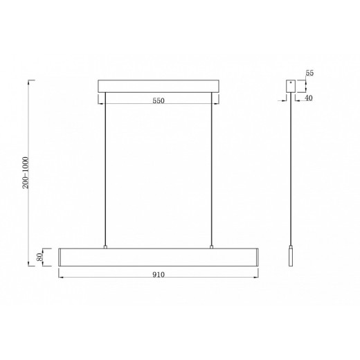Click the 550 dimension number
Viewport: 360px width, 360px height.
point(158,101)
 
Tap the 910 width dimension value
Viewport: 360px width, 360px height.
point(158,274)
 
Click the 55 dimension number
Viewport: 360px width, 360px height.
point(309,73)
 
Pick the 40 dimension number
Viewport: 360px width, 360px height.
point(309,98)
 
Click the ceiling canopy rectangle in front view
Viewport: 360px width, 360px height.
point(158,87)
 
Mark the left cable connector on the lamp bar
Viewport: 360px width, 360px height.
point(105,246)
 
